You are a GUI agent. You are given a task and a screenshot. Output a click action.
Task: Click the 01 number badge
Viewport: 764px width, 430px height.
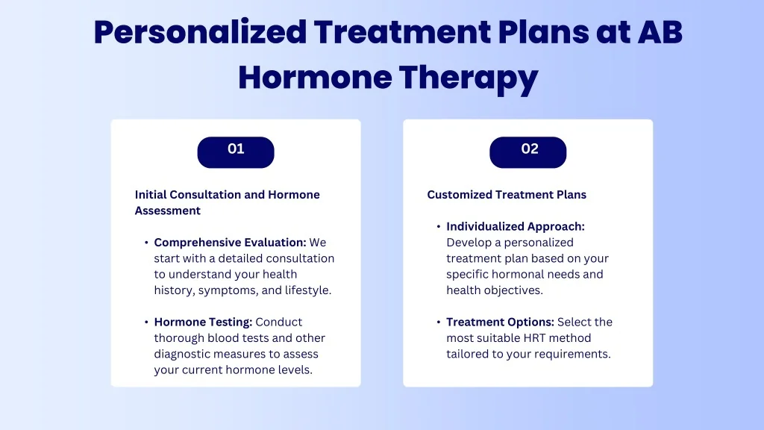(x=236, y=152)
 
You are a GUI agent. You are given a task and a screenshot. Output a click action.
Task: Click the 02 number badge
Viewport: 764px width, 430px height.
(x=528, y=152)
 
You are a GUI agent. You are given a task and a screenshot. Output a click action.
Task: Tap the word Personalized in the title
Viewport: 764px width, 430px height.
(x=200, y=33)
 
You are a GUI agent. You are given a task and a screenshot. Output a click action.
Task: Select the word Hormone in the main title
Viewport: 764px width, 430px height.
(x=316, y=78)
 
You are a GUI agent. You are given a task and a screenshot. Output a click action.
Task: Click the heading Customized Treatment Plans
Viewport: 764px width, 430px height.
(x=507, y=195)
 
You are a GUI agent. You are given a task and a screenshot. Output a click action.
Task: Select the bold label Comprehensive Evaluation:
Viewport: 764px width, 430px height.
(x=230, y=243)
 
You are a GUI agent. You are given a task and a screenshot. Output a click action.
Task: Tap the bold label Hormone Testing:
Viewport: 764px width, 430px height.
(x=203, y=322)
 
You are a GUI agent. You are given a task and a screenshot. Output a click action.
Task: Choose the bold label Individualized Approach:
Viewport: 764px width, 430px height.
(x=516, y=227)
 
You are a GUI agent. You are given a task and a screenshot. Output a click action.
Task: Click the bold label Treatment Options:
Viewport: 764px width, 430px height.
(x=501, y=322)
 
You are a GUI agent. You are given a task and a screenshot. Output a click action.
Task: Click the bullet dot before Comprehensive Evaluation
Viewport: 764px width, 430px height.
(x=146, y=243)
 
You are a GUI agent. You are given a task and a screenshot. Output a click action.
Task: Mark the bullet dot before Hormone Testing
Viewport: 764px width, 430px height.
(x=146, y=322)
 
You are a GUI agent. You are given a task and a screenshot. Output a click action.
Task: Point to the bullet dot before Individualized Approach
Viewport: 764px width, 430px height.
(x=439, y=226)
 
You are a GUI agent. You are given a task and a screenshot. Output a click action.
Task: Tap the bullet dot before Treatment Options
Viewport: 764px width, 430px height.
(x=439, y=322)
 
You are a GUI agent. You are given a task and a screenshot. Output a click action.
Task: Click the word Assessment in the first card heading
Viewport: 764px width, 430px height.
(x=168, y=211)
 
